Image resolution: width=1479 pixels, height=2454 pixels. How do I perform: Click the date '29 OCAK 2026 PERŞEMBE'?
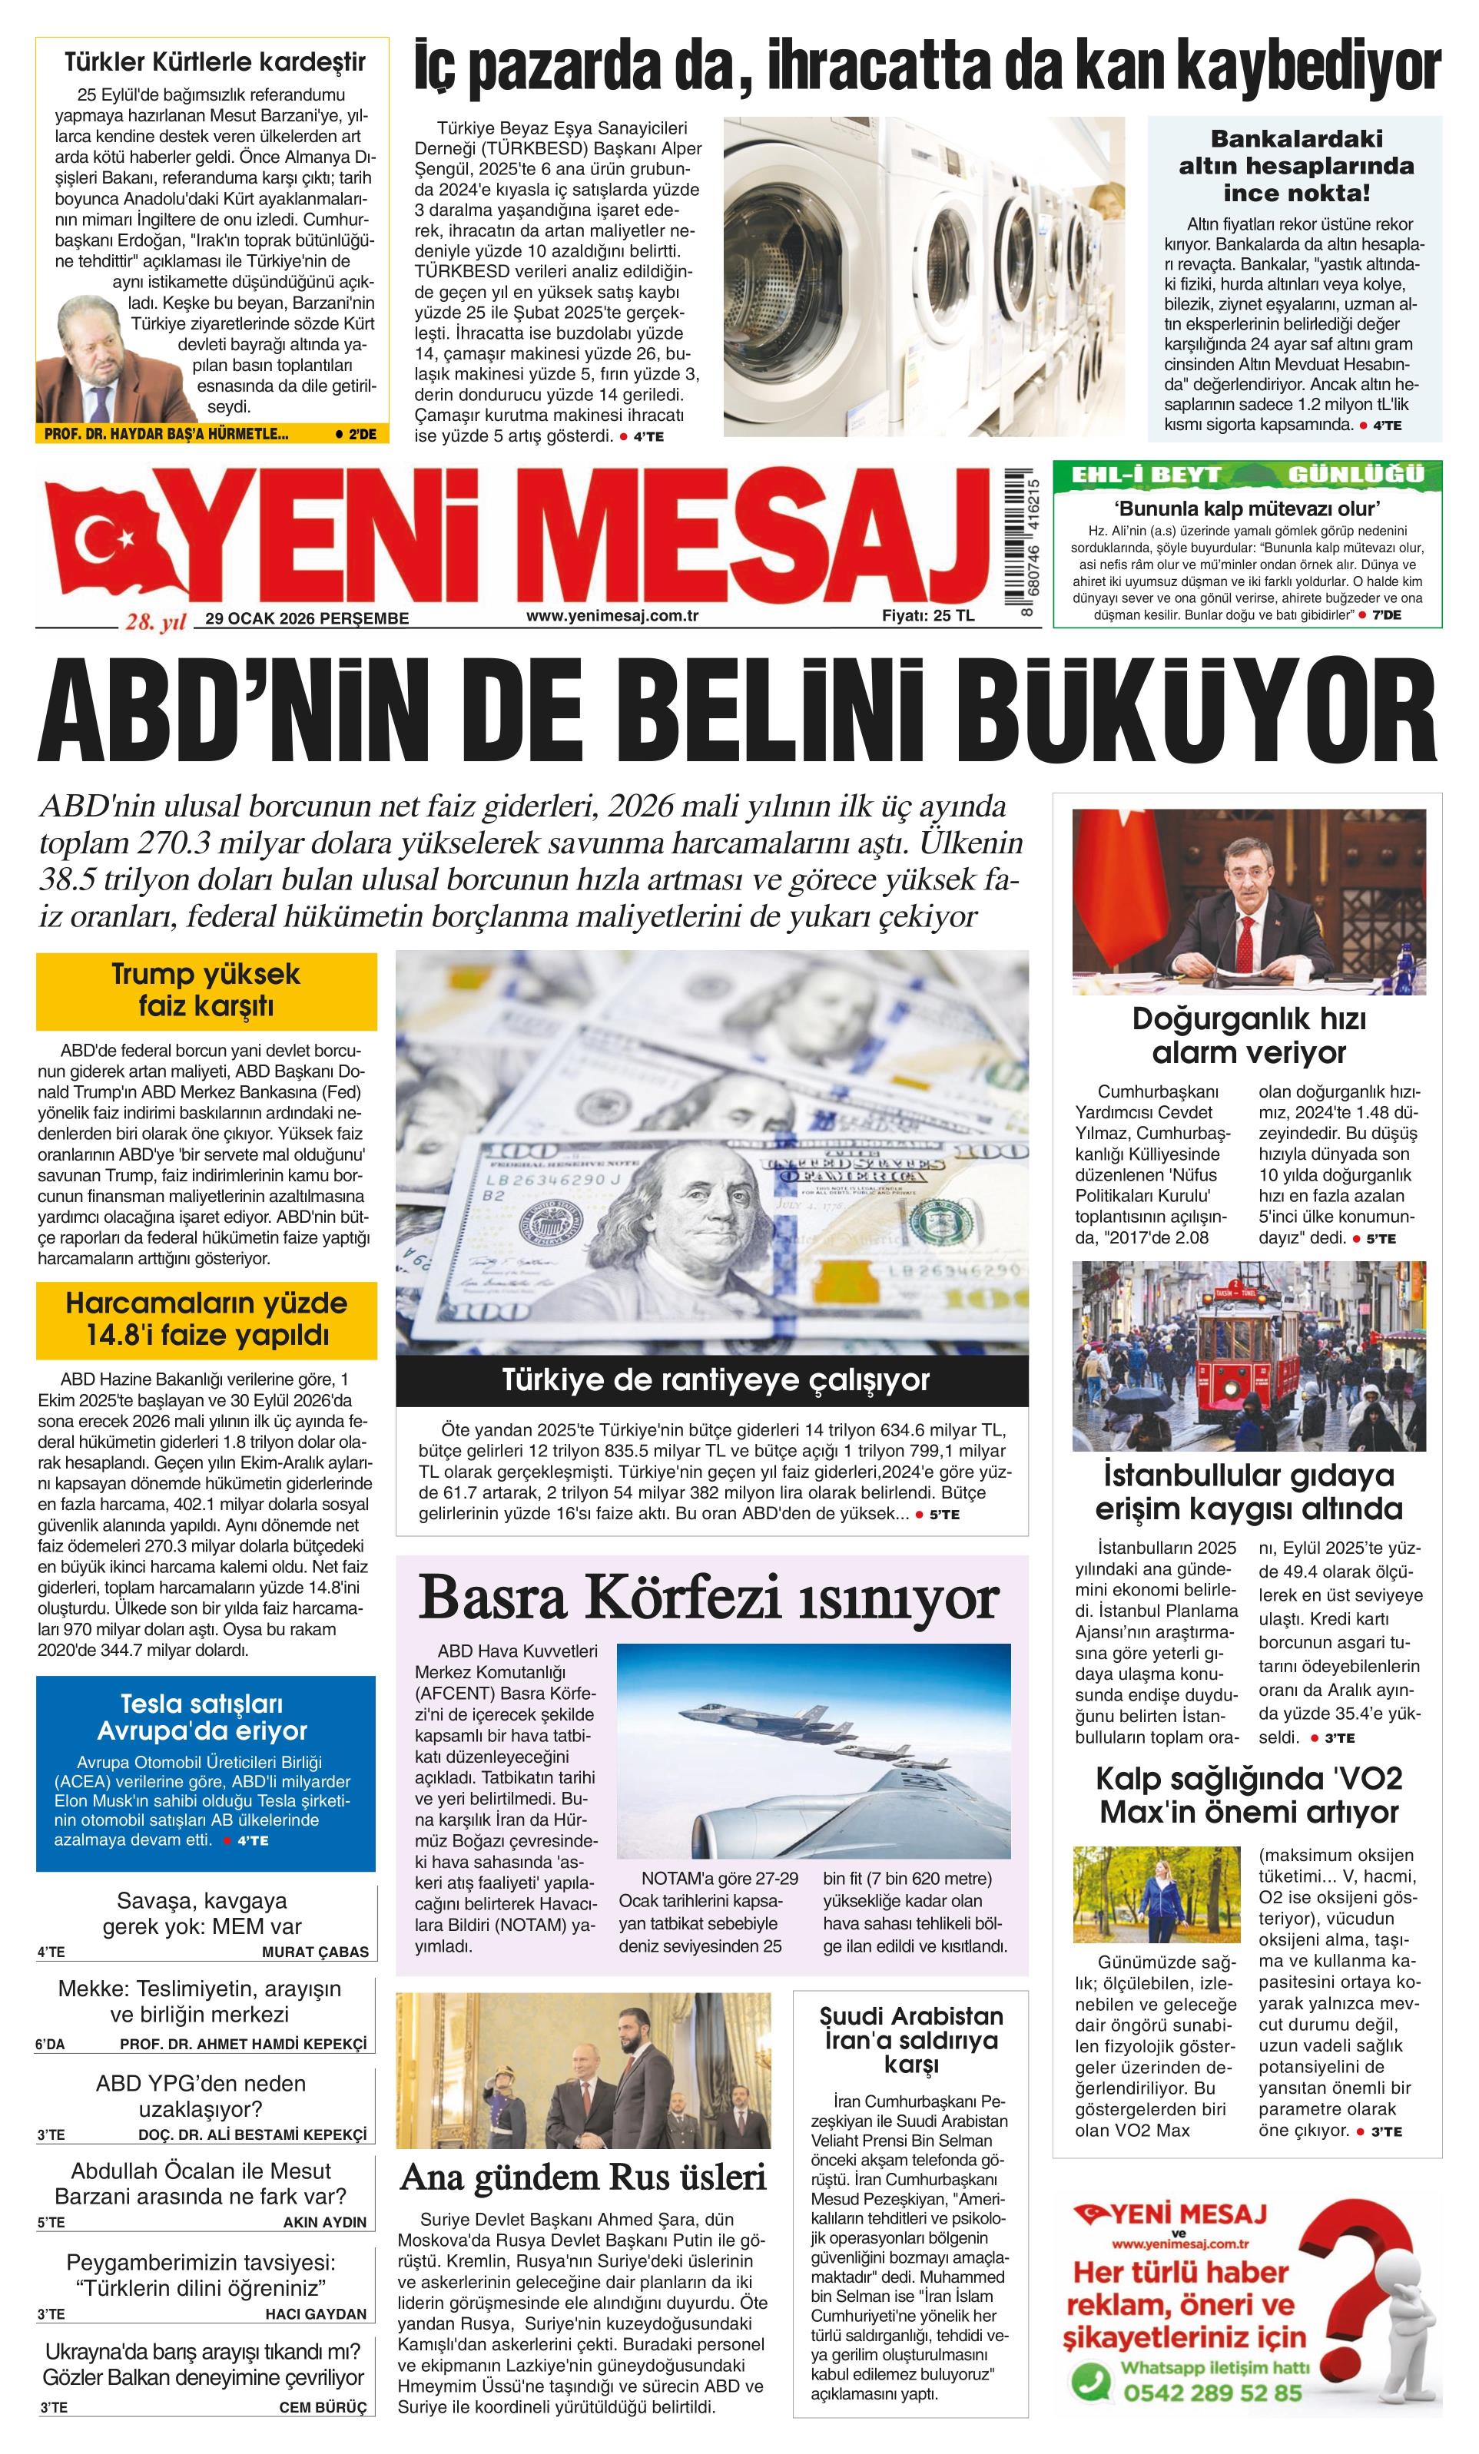point(307,618)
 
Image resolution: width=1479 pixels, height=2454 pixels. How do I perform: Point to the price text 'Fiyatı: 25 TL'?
point(927,615)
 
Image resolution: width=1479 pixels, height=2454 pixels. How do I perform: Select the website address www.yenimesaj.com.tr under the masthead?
point(612,615)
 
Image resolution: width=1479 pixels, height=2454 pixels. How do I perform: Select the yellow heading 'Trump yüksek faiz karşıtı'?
point(206,990)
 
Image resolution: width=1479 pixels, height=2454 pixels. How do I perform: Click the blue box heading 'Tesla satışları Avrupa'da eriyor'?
point(206,1717)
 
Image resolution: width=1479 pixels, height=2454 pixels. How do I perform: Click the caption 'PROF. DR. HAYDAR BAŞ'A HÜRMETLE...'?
point(167,434)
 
